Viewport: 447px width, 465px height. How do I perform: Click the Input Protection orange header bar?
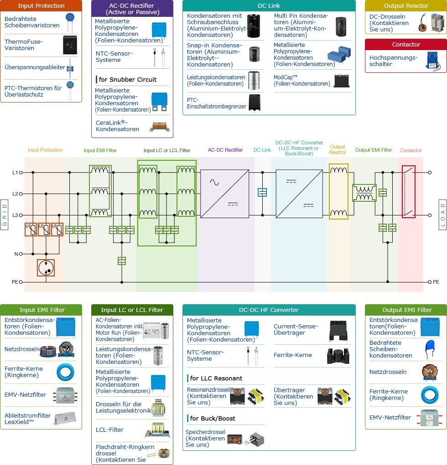point(41,6)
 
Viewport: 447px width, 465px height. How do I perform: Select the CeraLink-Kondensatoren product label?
point(117,126)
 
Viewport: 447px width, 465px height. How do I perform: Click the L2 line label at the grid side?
point(15,194)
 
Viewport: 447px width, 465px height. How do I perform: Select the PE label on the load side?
point(436,282)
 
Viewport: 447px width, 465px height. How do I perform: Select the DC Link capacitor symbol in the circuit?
point(262,193)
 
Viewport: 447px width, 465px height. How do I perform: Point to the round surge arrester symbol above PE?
point(46,268)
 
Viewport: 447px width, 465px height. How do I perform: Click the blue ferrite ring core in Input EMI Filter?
point(66,372)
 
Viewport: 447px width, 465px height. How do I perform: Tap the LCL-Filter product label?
point(109,429)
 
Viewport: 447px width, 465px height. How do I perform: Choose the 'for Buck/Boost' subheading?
point(213,418)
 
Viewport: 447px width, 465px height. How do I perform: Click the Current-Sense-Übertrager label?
point(296,329)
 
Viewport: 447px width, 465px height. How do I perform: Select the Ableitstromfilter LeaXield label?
point(27,418)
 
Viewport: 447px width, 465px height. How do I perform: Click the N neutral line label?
point(15,254)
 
